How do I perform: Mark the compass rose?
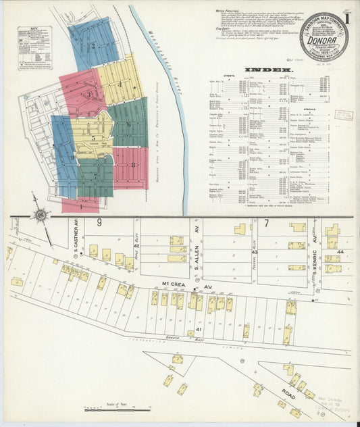point(41,216)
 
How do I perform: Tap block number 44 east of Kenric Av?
point(341,251)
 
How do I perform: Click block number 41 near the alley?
point(199,329)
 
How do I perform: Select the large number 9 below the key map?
point(99,222)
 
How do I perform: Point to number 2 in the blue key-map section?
point(91,45)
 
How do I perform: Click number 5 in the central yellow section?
point(93,138)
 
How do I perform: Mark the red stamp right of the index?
point(344,114)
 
